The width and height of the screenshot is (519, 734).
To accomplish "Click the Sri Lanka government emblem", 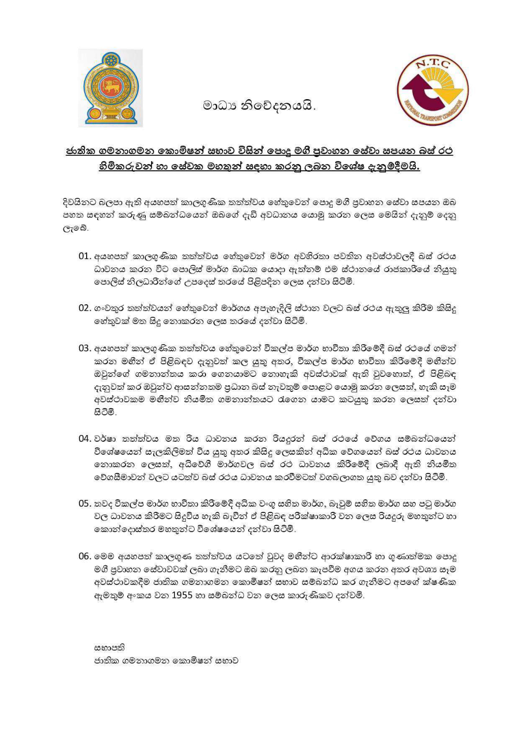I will [x=110, y=88].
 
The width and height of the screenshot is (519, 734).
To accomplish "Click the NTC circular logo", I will [x=433, y=91].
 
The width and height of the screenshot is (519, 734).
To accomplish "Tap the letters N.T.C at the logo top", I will [x=433, y=64].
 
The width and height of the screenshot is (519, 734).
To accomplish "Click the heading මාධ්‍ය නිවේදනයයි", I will [x=259, y=106].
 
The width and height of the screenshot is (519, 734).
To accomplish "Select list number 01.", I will [x=85, y=256].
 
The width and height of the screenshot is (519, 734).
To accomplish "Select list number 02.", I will [x=85, y=308].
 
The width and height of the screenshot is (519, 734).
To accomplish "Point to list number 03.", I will [x=85, y=348].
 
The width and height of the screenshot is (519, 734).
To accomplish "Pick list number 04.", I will [x=85, y=439].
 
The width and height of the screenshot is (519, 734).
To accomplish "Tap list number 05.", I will [x=85, y=504].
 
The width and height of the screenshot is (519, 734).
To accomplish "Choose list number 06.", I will [x=85, y=556].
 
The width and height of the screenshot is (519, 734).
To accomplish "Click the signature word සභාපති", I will [x=109, y=648].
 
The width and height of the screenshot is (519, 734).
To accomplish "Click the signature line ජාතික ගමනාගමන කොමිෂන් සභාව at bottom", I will [x=166, y=661].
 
